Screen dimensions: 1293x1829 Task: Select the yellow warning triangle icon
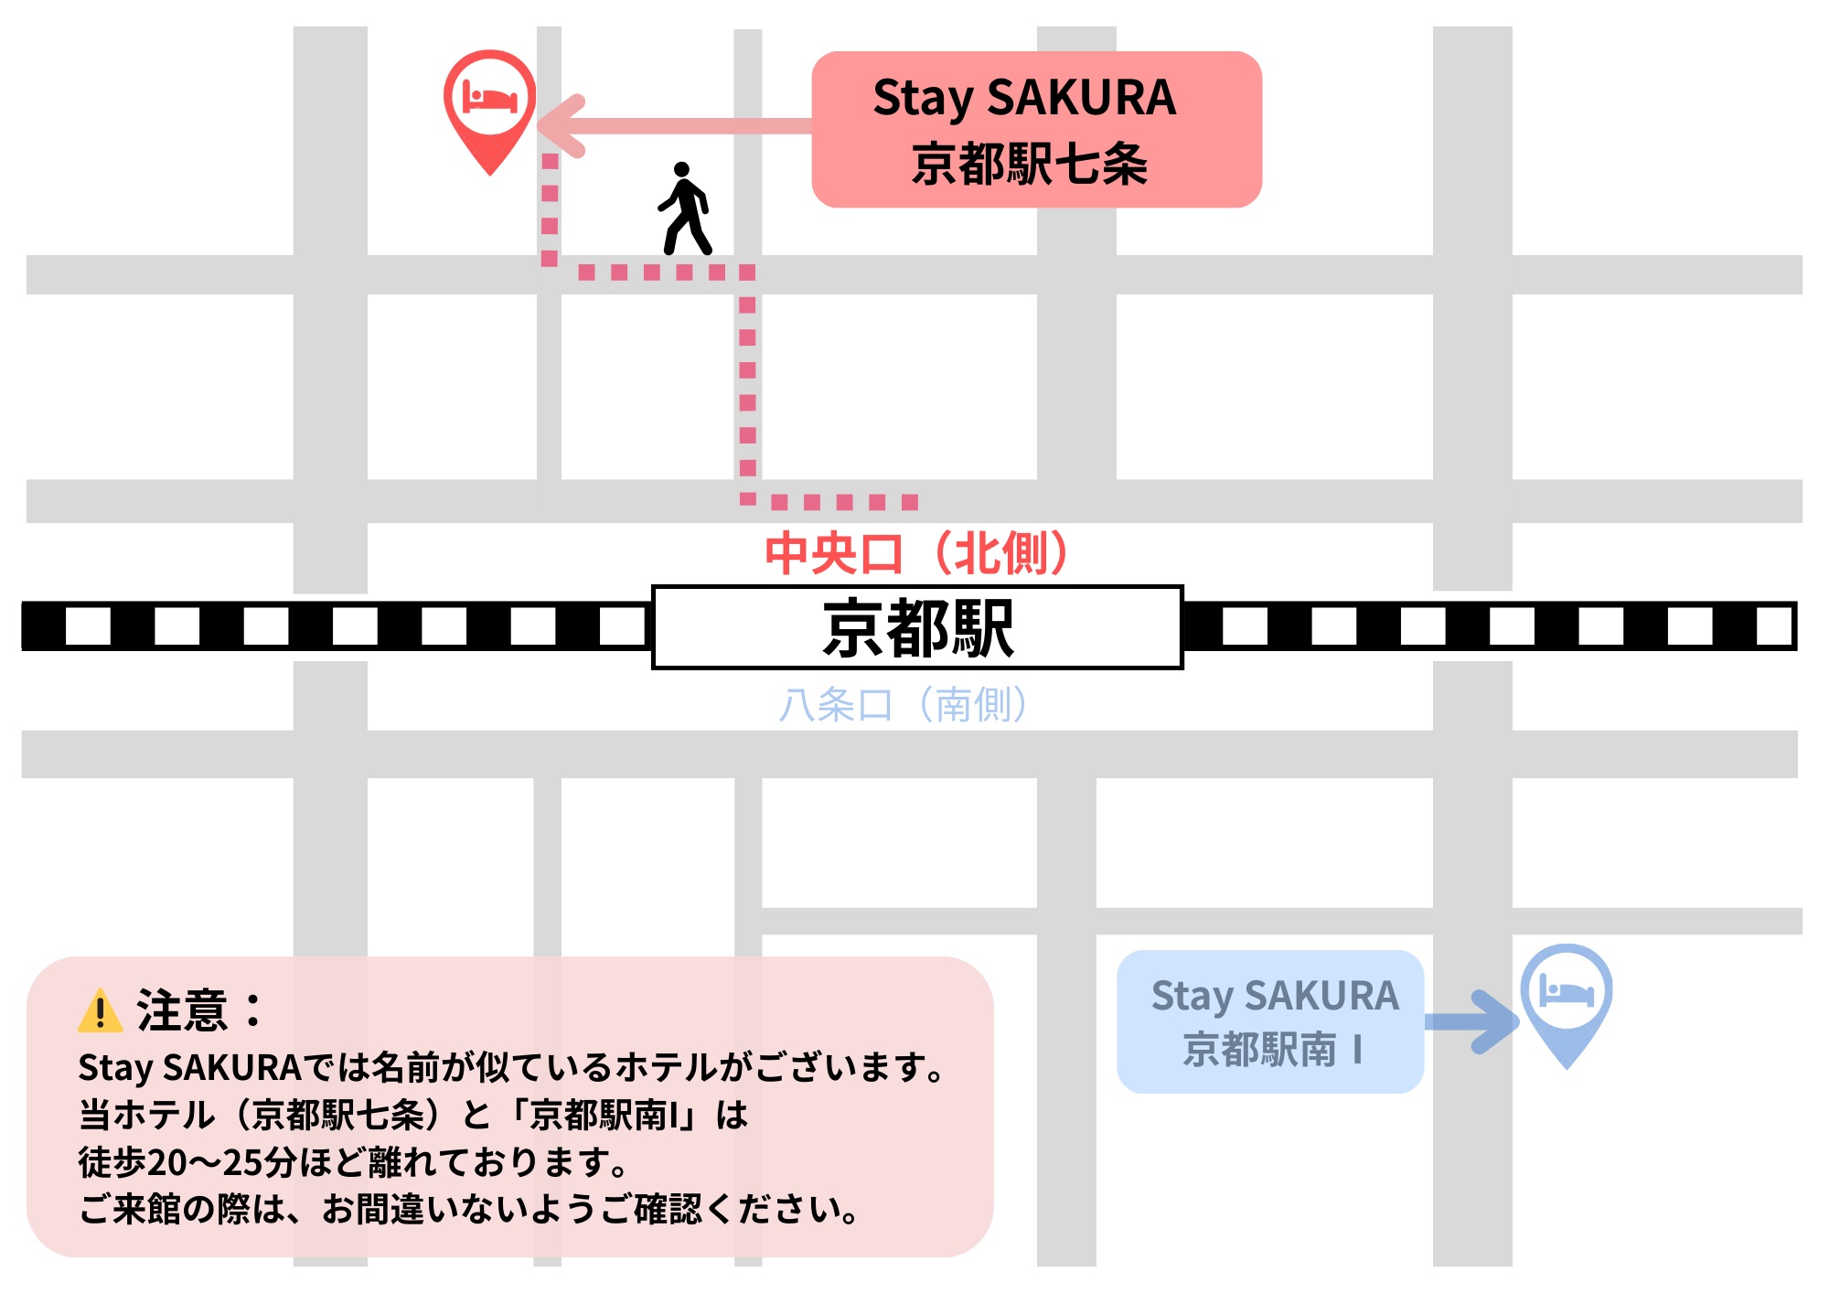[100, 1011]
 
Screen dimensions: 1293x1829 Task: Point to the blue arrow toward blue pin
[1471, 1021]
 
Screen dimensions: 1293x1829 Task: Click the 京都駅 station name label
[917, 628]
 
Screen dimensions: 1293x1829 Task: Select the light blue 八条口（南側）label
[904, 705]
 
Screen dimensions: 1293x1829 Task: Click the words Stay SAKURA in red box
[1024, 98]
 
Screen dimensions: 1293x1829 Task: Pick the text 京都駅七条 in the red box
[1030, 166]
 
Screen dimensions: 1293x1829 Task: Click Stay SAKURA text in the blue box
[1274, 996]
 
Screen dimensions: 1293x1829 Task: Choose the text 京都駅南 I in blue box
[1272, 1050]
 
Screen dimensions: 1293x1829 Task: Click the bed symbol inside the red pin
[490, 97]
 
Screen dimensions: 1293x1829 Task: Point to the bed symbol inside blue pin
[1566, 991]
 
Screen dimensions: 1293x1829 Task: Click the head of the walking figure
[681, 169]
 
